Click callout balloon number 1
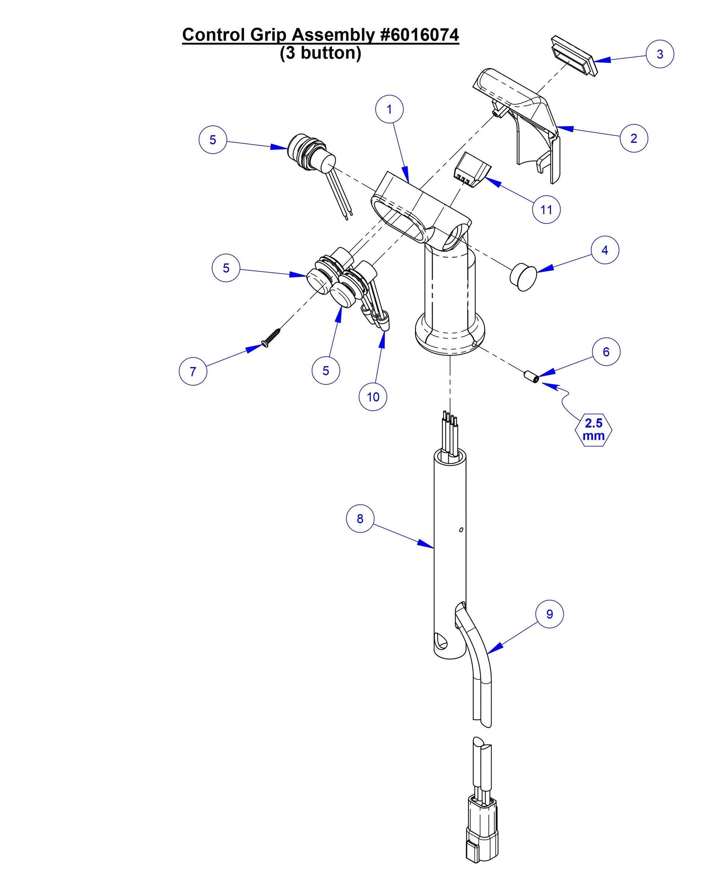click(389, 109)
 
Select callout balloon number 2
click(633, 138)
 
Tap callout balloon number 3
click(660, 54)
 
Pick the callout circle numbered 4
click(604, 250)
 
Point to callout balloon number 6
click(606, 352)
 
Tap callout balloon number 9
click(549, 614)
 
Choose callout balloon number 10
click(373, 397)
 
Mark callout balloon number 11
click(546, 210)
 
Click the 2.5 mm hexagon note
click(593, 430)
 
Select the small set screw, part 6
click(532, 377)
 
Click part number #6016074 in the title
click(418, 35)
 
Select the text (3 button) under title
click(320, 53)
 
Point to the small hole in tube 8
click(461, 530)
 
